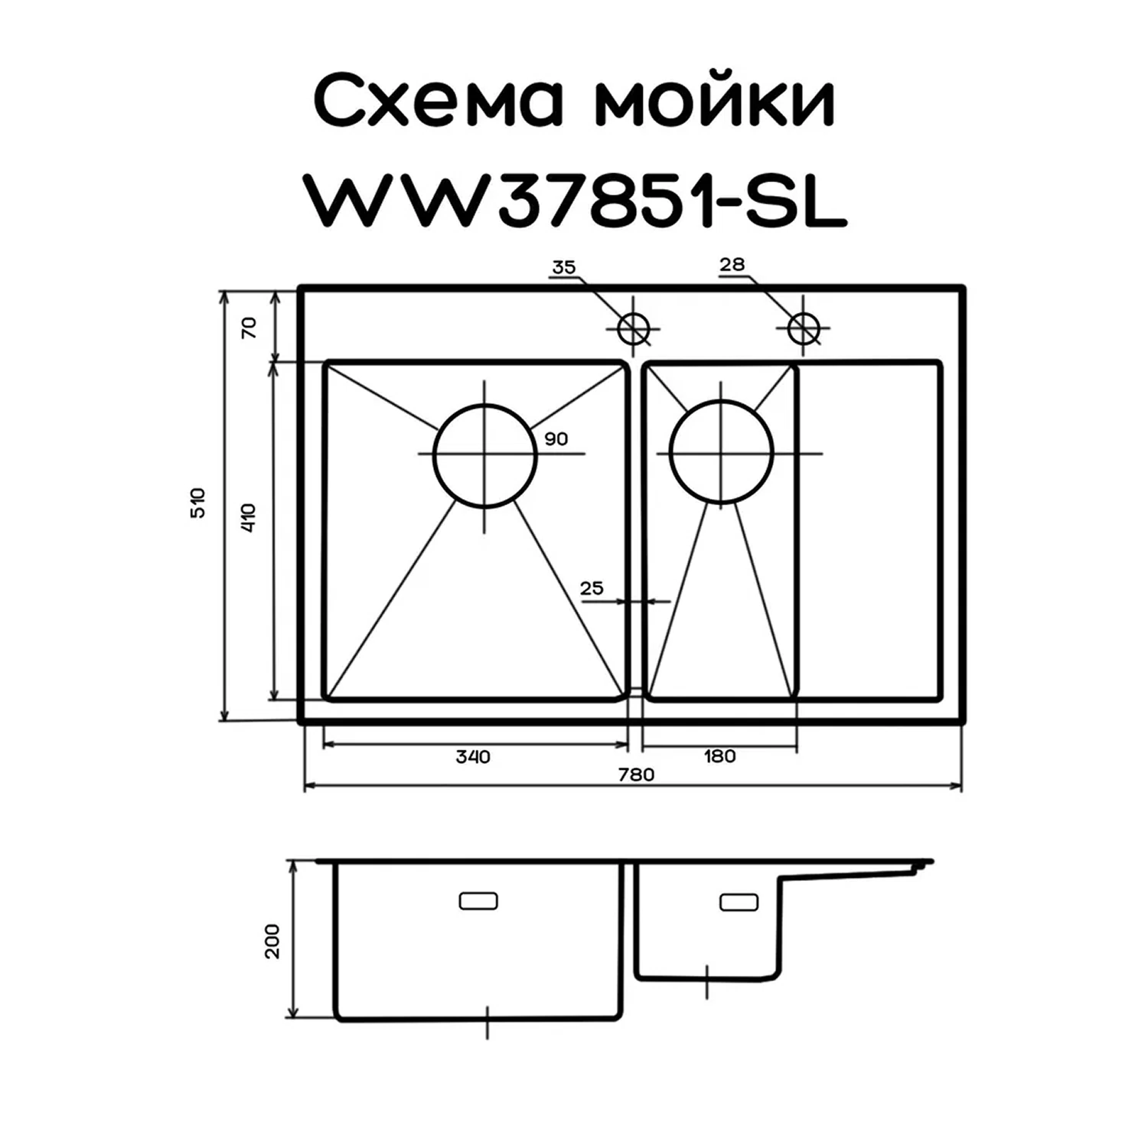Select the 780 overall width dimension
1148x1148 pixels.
(636, 774)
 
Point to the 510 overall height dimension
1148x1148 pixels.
(198, 502)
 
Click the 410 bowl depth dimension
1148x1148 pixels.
(249, 518)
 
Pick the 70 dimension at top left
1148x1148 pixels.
(249, 327)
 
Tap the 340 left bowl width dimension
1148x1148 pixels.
(472, 756)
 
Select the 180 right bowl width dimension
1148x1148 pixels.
(719, 756)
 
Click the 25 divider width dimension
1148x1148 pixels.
(592, 588)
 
